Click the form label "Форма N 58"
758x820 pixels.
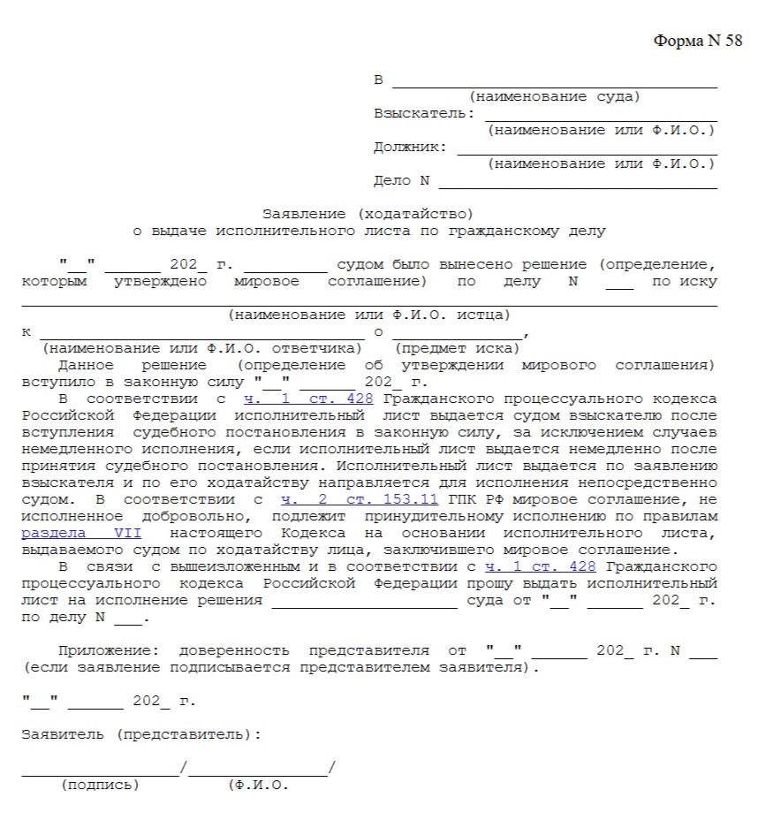(698, 42)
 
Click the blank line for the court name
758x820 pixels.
(555, 86)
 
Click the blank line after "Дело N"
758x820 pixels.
(578, 186)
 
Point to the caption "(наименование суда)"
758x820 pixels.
(555, 97)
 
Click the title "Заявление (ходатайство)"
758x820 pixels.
(368, 214)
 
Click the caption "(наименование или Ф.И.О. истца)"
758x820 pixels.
(368, 315)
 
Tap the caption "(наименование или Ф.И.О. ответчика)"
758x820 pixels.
(202, 348)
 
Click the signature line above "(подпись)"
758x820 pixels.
(100, 774)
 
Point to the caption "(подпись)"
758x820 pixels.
(100, 785)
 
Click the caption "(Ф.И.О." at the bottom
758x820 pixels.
(258, 785)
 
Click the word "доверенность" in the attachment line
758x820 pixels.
(232, 651)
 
